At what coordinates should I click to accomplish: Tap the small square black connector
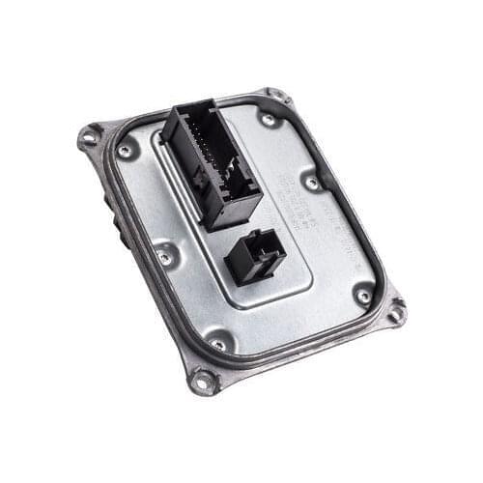coord(254,256)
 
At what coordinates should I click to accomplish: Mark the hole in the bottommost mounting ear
coord(203,382)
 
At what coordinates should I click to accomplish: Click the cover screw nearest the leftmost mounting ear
coord(125,152)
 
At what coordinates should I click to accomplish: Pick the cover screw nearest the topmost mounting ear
coord(268,119)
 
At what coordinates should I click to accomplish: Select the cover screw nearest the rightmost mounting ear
coord(362,297)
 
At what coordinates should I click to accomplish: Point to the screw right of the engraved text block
coord(311,181)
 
